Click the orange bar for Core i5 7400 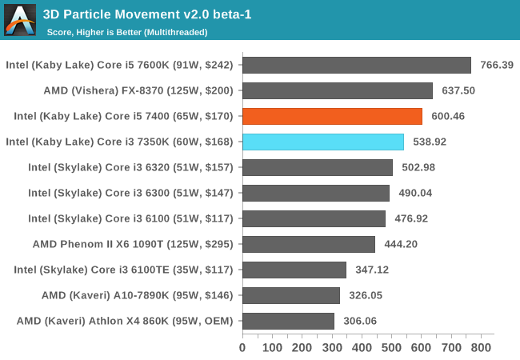point(332,116)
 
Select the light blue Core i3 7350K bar point(323,142)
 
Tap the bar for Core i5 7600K point(357,65)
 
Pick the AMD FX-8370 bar point(338,90)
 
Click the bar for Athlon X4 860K point(288,321)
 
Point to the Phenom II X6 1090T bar point(309,244)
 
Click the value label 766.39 point(497,65)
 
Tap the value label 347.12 point(373,270)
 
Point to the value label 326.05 point(366,295)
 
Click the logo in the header point(20,20)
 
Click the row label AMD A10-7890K point(137,295)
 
